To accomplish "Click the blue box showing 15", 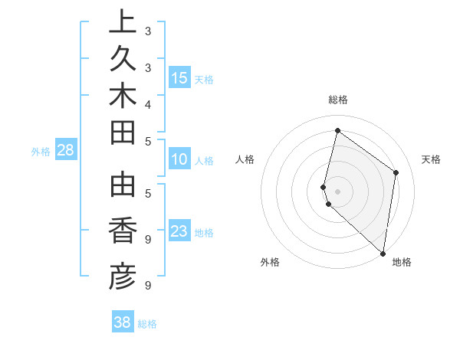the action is (179, 77).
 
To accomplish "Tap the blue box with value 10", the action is (179, 159).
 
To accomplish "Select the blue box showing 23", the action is (179, 231).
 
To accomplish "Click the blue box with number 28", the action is (66, 150).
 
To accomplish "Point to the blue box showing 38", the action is (123, 322).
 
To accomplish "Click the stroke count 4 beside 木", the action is (148, 103).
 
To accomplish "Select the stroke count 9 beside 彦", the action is (148, 286).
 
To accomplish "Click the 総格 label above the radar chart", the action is (337, 100).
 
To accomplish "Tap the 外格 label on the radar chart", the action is (270, 263).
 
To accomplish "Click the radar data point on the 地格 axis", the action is (383, 254).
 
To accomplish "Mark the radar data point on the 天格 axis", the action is (396, 172).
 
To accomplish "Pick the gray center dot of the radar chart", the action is (337, 191).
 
